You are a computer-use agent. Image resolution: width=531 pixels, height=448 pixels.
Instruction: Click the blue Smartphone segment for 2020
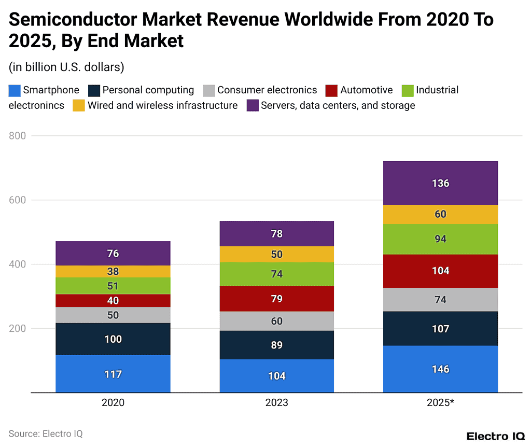coord(113,374)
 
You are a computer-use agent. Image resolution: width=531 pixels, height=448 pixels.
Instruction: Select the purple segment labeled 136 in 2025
coord(440,183)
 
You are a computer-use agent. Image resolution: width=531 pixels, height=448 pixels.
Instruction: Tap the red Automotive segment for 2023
coord(276,299)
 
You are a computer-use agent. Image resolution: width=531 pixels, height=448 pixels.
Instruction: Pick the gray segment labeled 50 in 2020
coord(113,315)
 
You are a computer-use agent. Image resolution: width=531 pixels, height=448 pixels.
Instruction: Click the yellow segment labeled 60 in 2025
coord(440,214)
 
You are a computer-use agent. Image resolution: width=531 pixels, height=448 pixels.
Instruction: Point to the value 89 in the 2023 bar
coord(276,345)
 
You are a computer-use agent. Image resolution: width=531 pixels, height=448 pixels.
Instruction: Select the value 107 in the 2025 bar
coord(440,329)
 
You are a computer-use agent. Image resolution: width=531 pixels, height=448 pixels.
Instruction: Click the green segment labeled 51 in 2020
coord(113,286)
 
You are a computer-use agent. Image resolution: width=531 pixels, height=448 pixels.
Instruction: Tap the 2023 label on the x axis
coord(276,403)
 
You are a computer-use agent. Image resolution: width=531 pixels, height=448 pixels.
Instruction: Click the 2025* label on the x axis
coord(440,403)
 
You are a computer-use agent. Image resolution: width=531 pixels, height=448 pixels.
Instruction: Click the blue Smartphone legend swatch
coord(15,91)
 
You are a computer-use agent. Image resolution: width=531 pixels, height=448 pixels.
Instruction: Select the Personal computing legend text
coord(148,90)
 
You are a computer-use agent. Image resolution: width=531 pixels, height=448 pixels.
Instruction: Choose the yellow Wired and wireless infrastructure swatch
coord(78,106)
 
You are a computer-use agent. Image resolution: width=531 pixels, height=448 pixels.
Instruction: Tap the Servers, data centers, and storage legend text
coord(338,106)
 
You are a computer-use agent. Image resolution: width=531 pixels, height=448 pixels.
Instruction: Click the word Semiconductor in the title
coord(73,20)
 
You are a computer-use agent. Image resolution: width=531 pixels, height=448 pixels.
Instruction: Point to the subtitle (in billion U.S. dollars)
coord(66,67)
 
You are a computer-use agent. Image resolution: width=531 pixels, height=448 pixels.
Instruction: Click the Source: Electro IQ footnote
coord(46,434)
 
